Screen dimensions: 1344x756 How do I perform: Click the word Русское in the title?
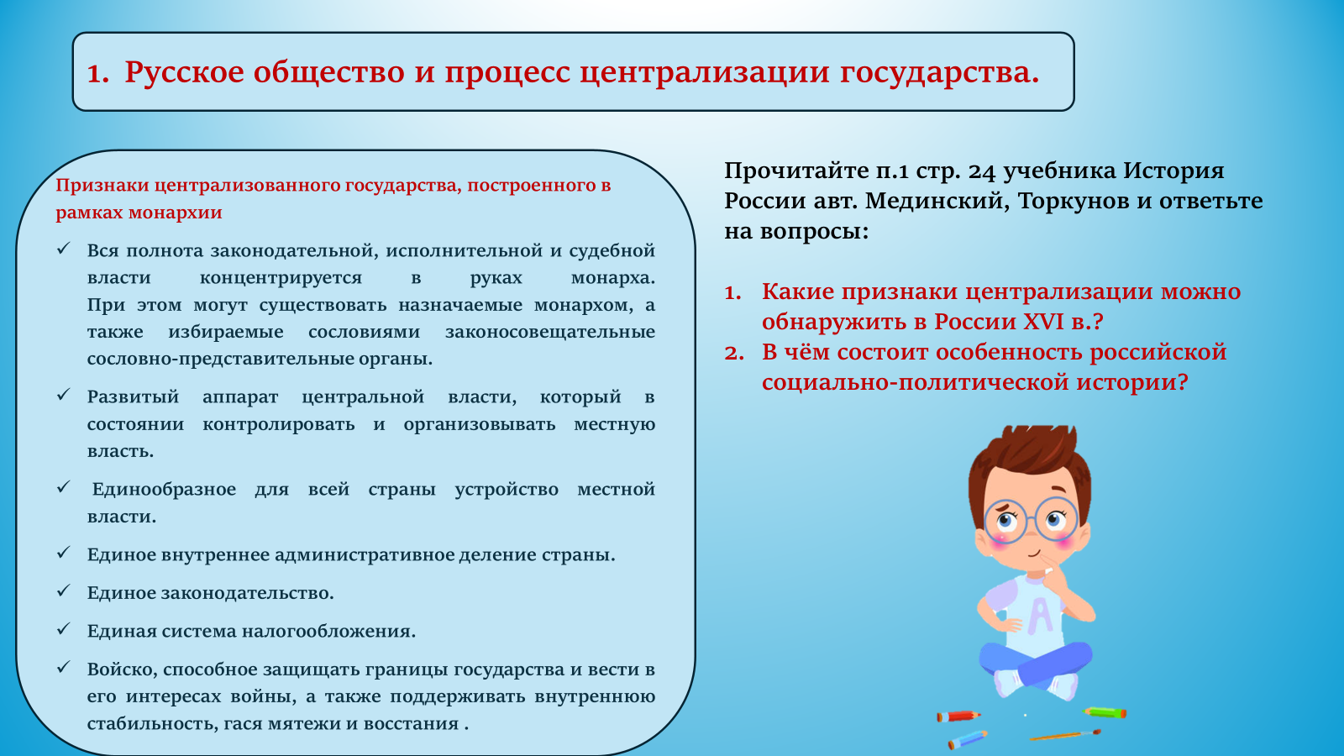pos(184,72)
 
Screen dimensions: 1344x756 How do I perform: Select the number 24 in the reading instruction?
pos(982,171)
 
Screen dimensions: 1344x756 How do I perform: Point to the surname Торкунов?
pos(1073,201)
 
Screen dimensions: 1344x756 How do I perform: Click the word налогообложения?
pos(328,631)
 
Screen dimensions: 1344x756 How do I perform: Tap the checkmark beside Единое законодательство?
pos(64,591)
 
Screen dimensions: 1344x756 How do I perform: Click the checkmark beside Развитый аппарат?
pos(64,395)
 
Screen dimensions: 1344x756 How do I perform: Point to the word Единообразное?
pos(164,490)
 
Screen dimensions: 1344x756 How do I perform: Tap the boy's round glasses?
pos(1031,520)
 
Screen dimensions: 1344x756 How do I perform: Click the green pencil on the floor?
pos(1104,712)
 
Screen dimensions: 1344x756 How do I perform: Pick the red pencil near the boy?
pos(958,716)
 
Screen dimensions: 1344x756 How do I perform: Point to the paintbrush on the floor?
pos(1065,735)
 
